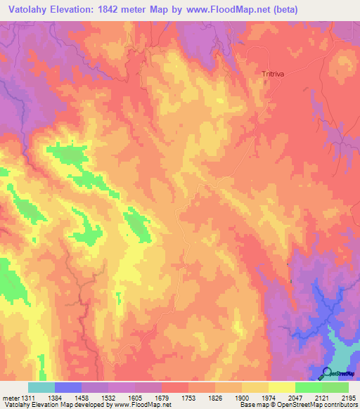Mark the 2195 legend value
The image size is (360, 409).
pos(347,396)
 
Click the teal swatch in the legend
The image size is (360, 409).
pos(41,387)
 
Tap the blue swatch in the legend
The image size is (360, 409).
pos(68,387)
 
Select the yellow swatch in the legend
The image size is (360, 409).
pos(282,387)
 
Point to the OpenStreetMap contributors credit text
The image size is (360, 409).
pos(319,405)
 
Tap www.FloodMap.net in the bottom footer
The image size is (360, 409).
pos(141,405)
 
